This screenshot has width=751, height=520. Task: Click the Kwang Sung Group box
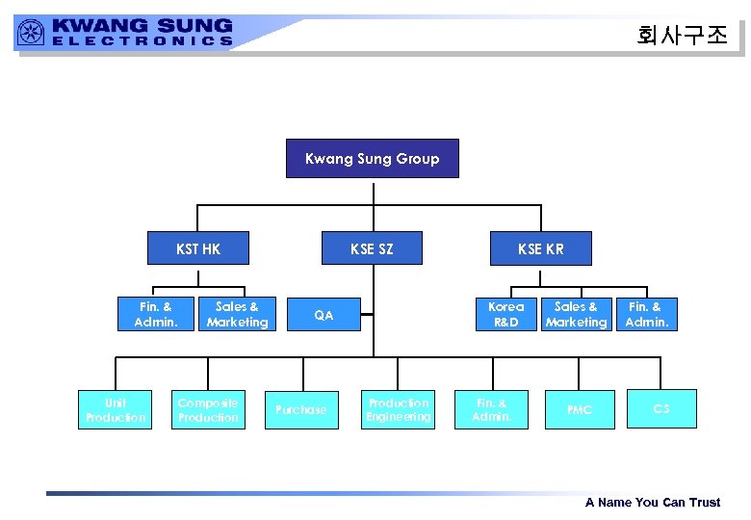click(x=372, y=159)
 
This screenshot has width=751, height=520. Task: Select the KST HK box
click(x=198, y=248)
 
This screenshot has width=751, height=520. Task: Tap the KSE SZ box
click(x=372, y=248)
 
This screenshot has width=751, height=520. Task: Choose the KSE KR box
click(x=540, y=248)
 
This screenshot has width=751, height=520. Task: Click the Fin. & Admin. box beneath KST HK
click(x=156, y=314)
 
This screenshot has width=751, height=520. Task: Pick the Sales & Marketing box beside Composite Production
click(x=237, y=314)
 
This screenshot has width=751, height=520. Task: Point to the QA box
click(x=324, y=314)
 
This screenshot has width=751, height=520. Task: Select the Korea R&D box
click(x=505, y=314)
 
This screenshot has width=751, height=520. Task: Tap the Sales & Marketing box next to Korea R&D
click(x=576, y=314)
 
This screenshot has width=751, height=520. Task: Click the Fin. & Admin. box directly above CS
click(x=646, y=314)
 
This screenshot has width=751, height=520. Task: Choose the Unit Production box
click(x=115, y=409)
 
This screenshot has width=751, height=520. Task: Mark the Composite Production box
click(x=208, y=409)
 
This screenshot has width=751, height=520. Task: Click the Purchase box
click(x=301, y=409)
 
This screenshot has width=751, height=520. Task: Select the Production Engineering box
click(x=398, y=409)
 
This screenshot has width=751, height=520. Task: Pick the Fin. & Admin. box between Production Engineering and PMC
click(x=490, y=409)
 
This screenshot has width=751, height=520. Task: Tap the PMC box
click(x=580, y=409)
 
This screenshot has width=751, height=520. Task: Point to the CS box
click(x=660, y=409)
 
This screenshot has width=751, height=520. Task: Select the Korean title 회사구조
click(x=683, y=35)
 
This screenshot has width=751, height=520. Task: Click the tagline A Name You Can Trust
click(x=652, y=502)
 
